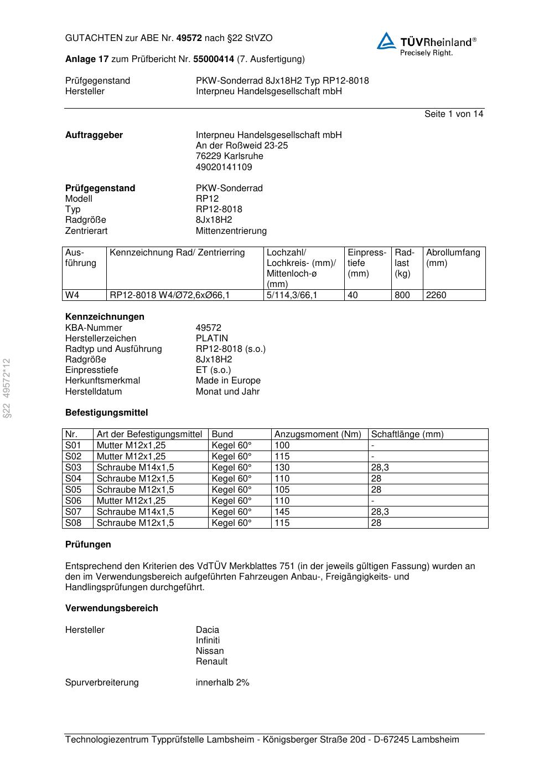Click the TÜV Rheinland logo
[426, 44]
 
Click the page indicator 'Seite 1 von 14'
[453, 114]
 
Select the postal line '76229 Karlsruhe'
[229, 156]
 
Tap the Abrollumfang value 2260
[436, 295]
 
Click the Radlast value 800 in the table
[402, 295]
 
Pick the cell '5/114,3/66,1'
[292, 295]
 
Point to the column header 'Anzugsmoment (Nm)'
[318, 434]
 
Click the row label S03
[73, 467]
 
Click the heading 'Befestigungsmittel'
[106, 412]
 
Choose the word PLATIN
[211, 338]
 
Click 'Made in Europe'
[228, 380]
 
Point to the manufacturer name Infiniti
[208, 640]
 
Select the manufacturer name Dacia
[207, 629]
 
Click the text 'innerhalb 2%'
[222, 682]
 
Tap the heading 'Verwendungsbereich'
[111, 608]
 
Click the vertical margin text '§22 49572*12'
[7, 388]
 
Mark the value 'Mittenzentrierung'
[231, 231]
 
